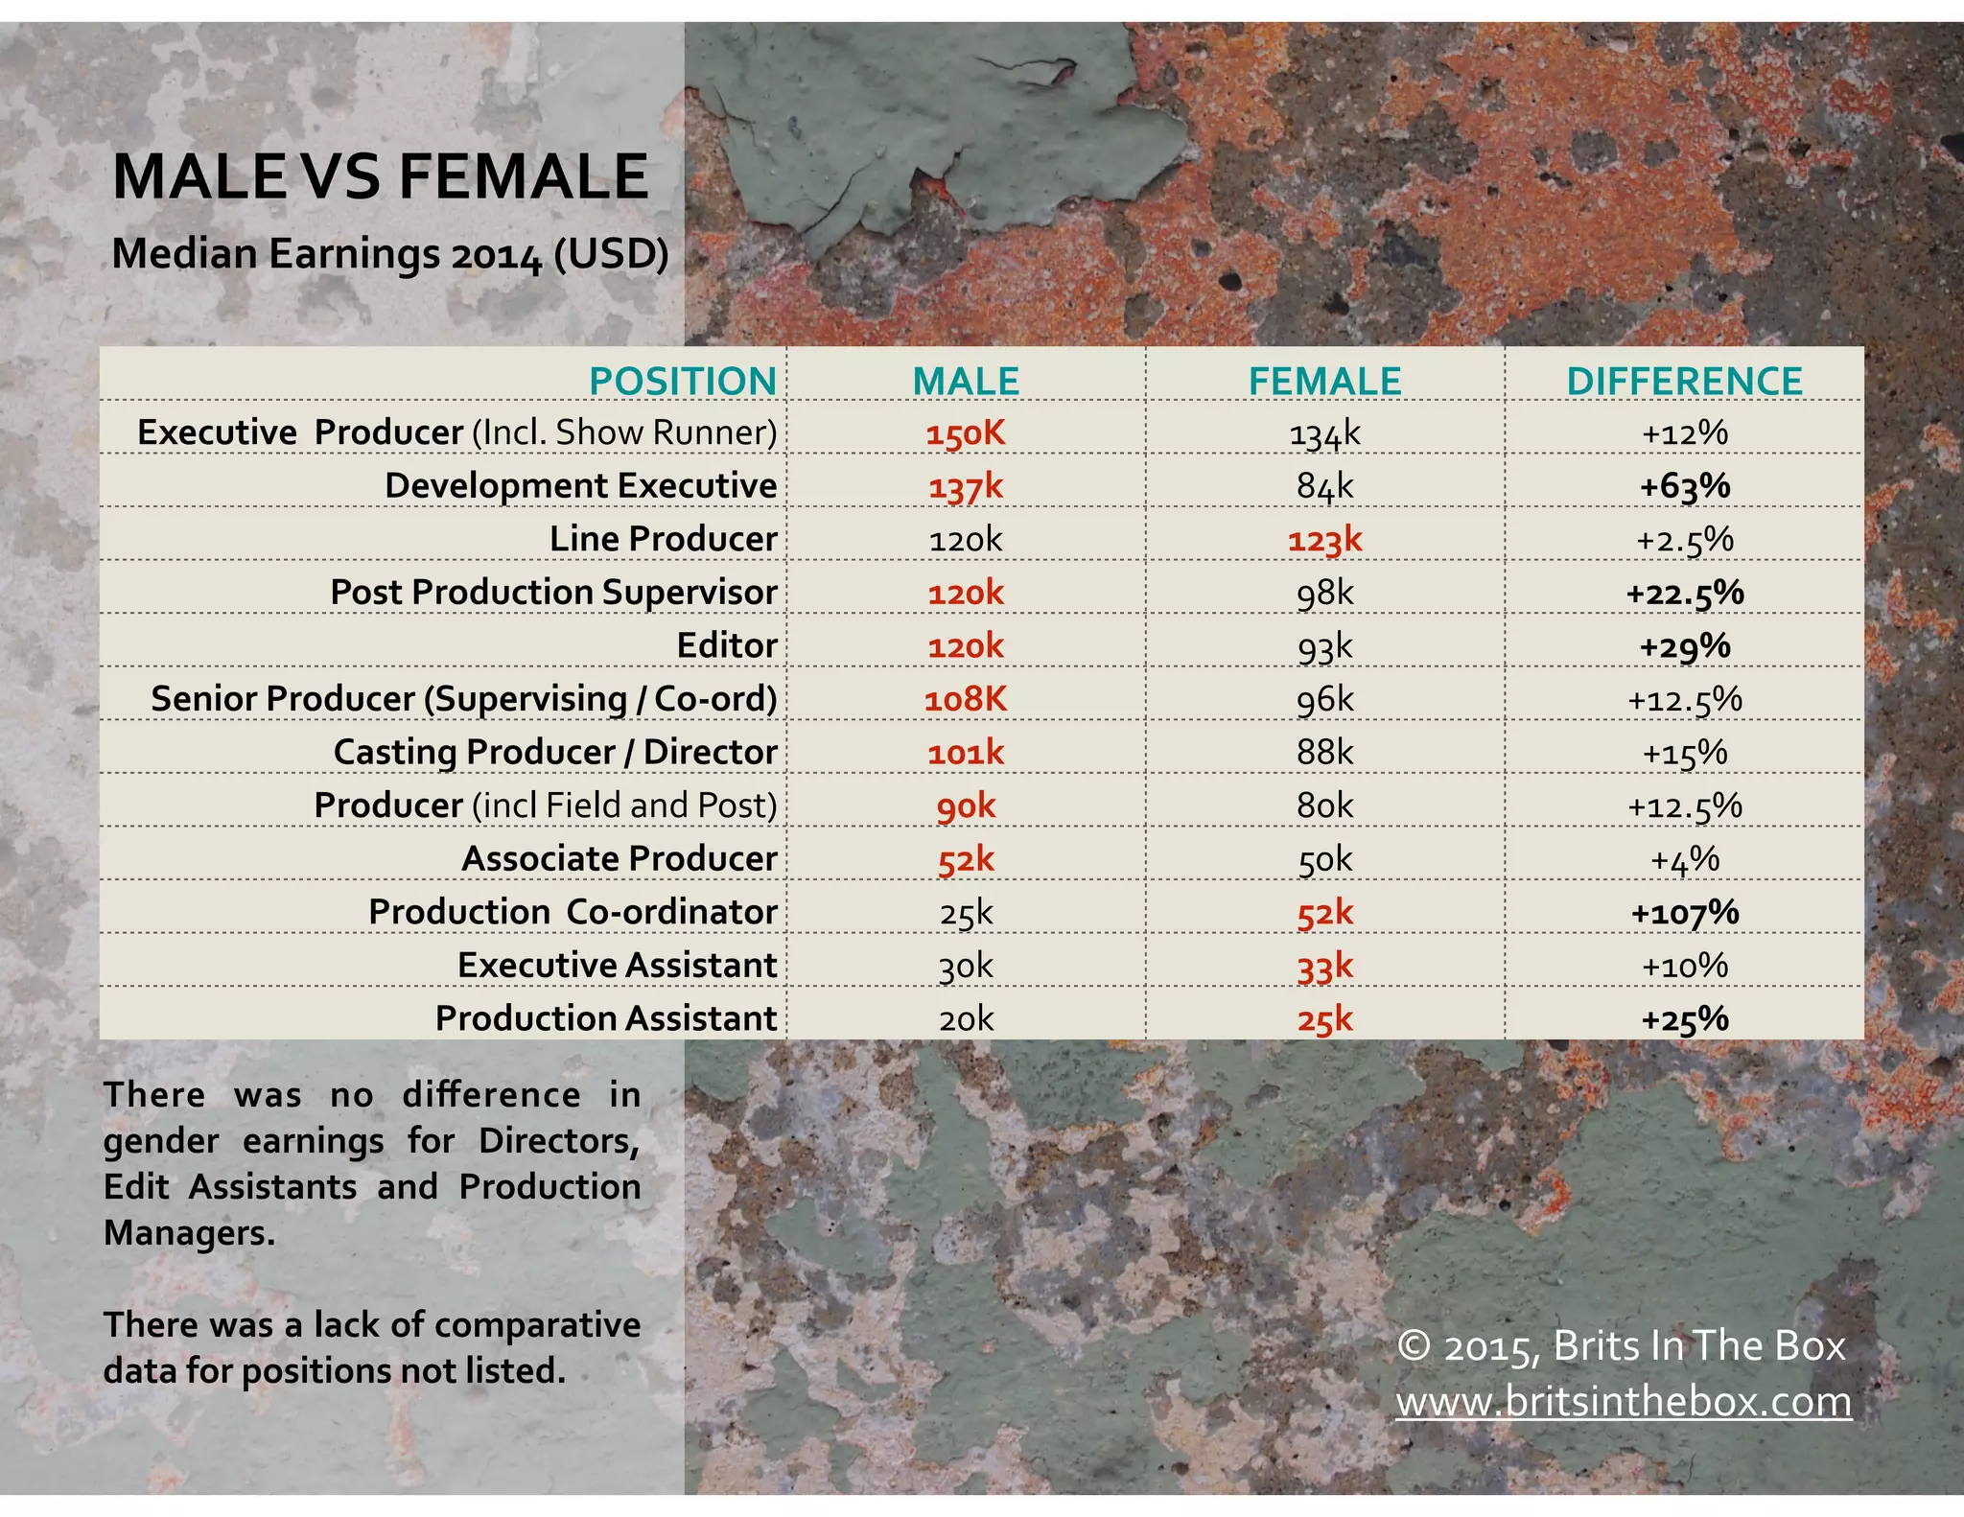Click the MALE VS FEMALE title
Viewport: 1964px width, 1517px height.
tap(381, 177)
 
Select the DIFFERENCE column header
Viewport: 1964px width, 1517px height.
tap(1684, 382)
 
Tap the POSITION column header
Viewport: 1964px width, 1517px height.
tap(682, 382)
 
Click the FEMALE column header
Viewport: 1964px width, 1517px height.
tap(1324, 382)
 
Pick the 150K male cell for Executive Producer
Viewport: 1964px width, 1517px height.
tap(966, 433)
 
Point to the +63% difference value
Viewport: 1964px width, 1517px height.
tap(1684, 486)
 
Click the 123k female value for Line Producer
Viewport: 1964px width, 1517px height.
tap(1324, 540)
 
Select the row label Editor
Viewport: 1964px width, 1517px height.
tap(726, 645)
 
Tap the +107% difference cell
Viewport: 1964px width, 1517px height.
tap(1684, 912)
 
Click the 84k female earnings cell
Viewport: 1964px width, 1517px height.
tap(1324, 486)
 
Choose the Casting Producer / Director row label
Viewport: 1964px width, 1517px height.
tap(554, 753)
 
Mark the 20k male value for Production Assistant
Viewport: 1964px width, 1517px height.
tap(966, 1018)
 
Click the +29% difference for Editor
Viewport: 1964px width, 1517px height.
tap(1684, 646)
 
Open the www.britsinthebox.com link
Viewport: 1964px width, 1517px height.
tap(1623, 1402)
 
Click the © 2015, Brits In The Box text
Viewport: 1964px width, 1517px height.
tap(1621, 1346)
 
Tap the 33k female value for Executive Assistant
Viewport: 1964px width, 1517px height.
tap(1324, 966)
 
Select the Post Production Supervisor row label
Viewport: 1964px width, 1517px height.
tap(553, 593)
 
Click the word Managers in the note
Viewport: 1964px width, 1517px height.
tap(188, 1233)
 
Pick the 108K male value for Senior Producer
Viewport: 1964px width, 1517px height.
tap(966, 699)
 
